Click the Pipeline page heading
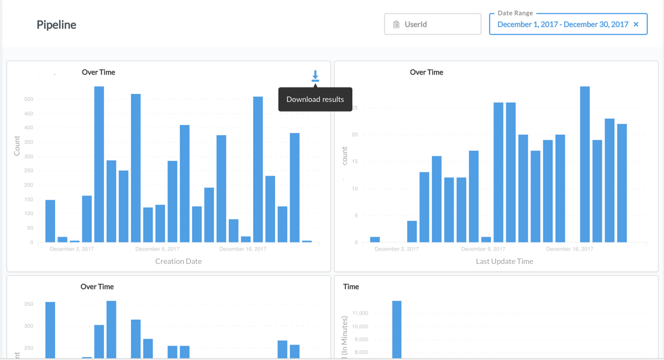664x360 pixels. [x=56, y=25]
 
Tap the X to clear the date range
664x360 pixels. [x=636, y=24]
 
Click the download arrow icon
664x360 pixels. [x=315, y=76]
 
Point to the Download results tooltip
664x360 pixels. [x=315, y=99]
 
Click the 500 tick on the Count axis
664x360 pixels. [x=28, y=99]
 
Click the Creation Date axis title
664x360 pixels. [x=178, y=261]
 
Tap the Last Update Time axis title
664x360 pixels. [x=504, y=261]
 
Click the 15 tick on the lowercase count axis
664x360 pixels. [x=355, y=161]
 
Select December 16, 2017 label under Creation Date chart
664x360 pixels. [x=242, y=249]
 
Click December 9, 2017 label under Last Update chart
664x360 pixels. [x=483, y=249]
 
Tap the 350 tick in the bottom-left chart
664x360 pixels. [x=29, y=304]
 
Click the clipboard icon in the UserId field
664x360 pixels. [x=396, y=24]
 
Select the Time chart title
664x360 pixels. [x=351, y=286]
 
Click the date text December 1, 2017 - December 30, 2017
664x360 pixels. [x=562, y=24]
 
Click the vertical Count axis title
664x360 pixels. [x=17, y=145]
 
